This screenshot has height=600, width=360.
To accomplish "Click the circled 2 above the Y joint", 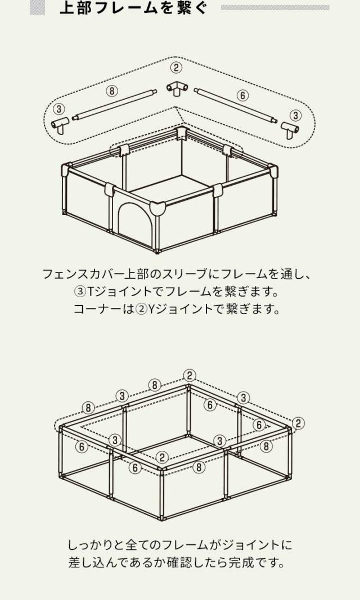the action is tap(175, 68).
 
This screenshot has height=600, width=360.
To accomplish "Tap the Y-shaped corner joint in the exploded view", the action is tap(178, 89).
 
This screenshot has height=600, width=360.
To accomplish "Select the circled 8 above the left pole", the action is tap(112, 91).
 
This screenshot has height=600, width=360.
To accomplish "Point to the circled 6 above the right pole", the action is tap(242, 96).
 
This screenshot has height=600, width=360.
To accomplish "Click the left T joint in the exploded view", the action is tap(60, 125).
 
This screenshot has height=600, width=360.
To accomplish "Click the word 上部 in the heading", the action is tap(74, 8).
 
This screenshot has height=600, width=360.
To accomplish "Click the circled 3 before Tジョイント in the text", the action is tap(79, 292).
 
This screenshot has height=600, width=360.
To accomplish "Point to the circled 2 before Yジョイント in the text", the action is tap(141, 309).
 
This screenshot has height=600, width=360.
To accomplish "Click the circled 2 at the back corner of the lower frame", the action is tap(189, 376).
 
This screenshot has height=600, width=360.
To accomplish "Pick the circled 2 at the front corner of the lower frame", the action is tap(163, 458).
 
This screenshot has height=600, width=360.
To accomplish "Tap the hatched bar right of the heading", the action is tap(275, 8).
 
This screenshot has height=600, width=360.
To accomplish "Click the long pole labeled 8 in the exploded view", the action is tap(114, 105).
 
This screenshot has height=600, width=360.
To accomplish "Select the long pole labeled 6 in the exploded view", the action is tap(236, 106).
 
